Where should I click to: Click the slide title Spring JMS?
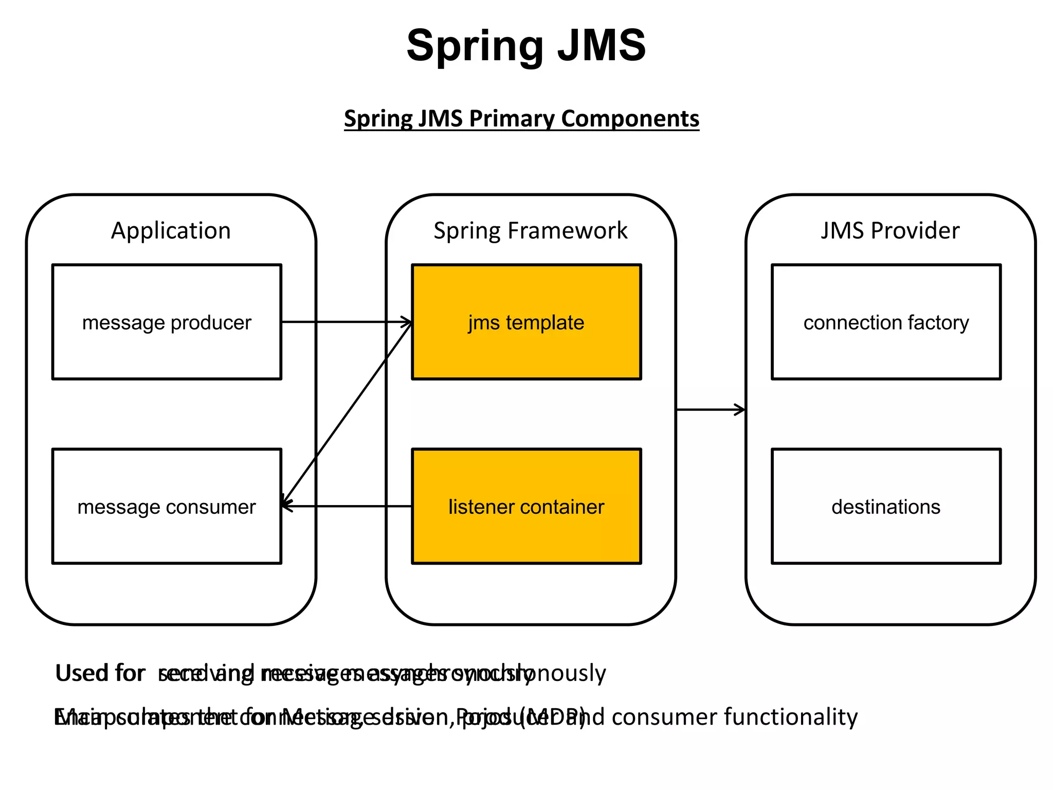coord(526,46)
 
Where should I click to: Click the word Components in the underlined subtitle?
coord(630,119)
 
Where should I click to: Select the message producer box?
coord(167,322)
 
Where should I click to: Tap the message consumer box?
coord(167,507)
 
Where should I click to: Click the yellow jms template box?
coord(526,322)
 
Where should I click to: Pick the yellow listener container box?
coord(526,507)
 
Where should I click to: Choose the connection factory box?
coord(886,322)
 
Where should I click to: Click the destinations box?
coord(886,507)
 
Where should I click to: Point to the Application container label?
coord(171,230)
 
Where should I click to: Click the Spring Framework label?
coord(530,230)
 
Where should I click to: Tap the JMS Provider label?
coord(890,230)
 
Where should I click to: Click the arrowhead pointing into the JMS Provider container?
coord(740,410)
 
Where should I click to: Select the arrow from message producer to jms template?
coord(344,322)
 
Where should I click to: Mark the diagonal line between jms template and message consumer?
coord(347,414)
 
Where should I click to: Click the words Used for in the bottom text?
coord(100,673)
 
